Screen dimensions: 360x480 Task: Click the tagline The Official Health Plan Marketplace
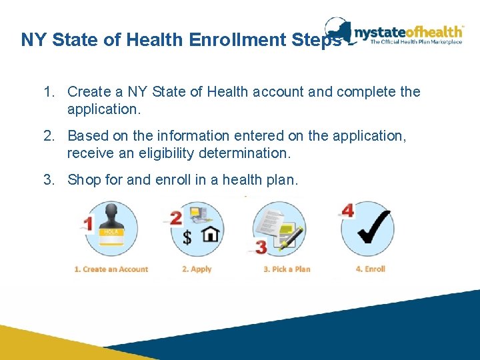pyautogui.click(x=416, y=41)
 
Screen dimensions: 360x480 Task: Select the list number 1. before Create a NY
pyautogui.click(x=49, y=91)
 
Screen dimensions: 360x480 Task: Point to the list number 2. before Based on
pyautogui.click(x=49, y=136)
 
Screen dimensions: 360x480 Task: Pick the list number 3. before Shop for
pyautogui.click(x=49, y=180)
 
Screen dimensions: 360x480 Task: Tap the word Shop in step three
pyautogui.click(x=85, y=180)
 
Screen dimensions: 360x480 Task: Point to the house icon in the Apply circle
pyautogui.click(x=211, y=234)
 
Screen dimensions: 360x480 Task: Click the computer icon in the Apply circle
pyautogui.click(x=198, y=214)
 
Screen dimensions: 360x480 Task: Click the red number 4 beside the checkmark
pyautogui.click(x=347, y=211)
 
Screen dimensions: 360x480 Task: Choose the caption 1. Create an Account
pyautogui.click(x=111, y=269)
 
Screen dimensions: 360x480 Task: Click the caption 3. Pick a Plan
pyautogui.click(x=287, y=269)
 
